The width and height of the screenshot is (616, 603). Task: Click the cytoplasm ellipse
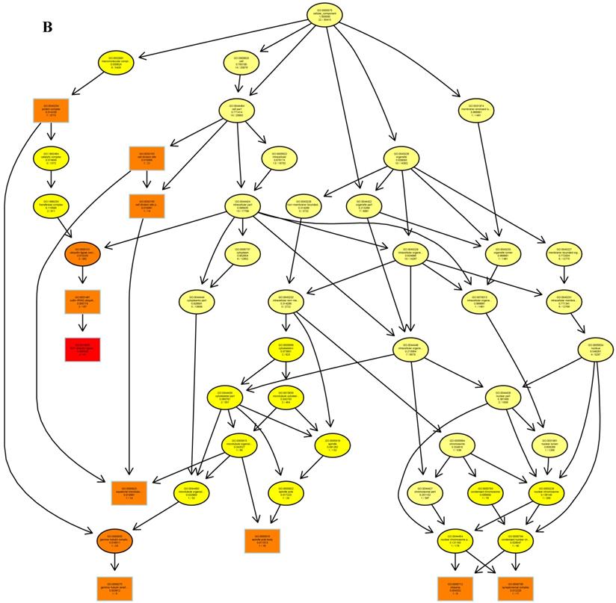point(241,253)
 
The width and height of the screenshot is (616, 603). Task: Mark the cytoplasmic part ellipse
point(197,300)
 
